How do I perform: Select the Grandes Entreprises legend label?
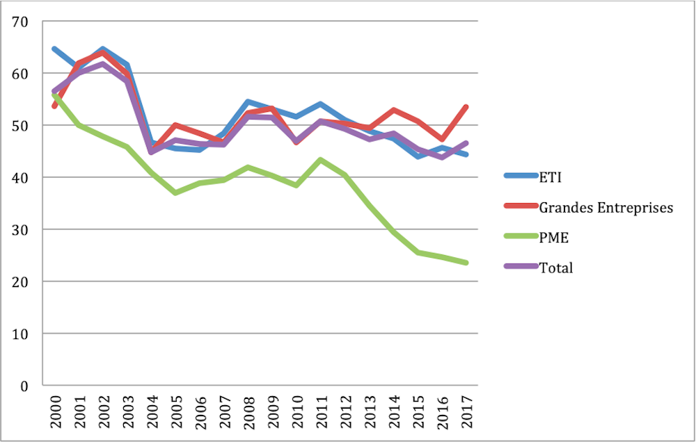click(x=606, y=207)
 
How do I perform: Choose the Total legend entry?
click(x=556, y=268)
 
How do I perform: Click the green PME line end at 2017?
click(x=466, y=263)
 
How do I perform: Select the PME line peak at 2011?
click(x=319, y=160)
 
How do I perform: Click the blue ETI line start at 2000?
click(x=54, y=49)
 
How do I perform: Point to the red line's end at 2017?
click(x=466, y=107)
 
